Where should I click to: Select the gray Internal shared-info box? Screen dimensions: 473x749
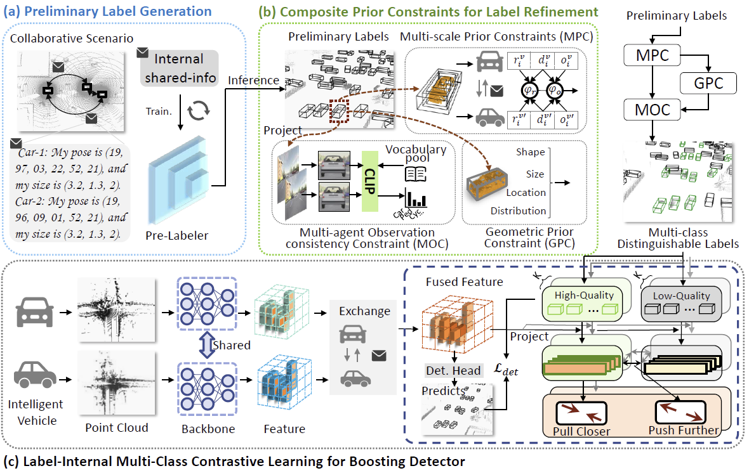179,68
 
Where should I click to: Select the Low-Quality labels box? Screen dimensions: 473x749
678,302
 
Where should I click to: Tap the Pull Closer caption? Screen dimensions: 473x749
581,431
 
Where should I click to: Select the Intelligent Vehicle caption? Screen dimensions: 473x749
36,412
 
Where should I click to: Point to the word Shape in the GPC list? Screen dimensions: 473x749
531,152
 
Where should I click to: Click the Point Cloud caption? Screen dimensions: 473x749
116,428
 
